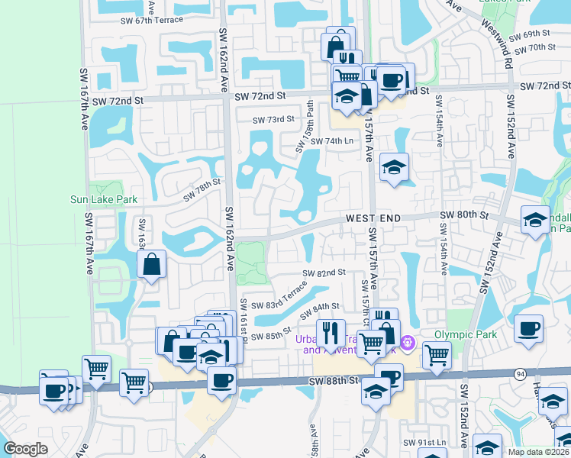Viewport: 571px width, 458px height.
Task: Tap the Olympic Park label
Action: point(466,334)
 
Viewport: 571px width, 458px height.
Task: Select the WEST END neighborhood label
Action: point(373,218)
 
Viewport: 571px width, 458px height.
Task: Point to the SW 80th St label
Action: point(463,216)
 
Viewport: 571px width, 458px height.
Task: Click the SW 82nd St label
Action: point(324,273)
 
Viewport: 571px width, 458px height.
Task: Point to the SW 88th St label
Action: point(333,380)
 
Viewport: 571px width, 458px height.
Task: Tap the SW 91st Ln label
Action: point(425,442)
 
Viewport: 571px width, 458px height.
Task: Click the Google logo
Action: point(25,448)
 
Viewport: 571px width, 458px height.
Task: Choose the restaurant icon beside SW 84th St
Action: point(330,331)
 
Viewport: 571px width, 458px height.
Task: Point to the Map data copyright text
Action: point(537,451)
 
